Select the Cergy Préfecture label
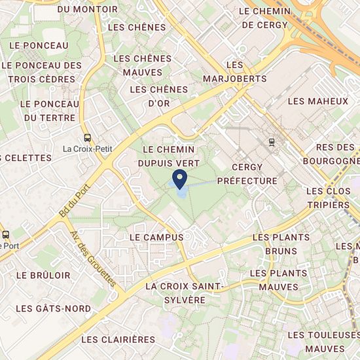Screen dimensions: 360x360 click(x=246, y=173)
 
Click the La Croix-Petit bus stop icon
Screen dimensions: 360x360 click(x=87, y=137)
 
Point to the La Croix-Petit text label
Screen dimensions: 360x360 click(x=87, y=149)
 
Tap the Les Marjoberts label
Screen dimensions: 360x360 click(x=245, y=72)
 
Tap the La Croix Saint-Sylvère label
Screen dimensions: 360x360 click(x=185, y=293)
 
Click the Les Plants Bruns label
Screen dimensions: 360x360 click(x=276, y=243)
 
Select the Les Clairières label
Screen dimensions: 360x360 click(x=119, y=339)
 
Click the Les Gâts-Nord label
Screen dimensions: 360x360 click(x=54, y=308)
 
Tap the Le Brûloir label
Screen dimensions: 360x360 click(x=43, y=276)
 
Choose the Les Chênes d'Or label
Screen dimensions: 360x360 click(x=159, y=96)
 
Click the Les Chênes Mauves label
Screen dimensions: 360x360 click(x=142, y=65)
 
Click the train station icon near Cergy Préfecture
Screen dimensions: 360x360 click(x=271, y=141)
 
